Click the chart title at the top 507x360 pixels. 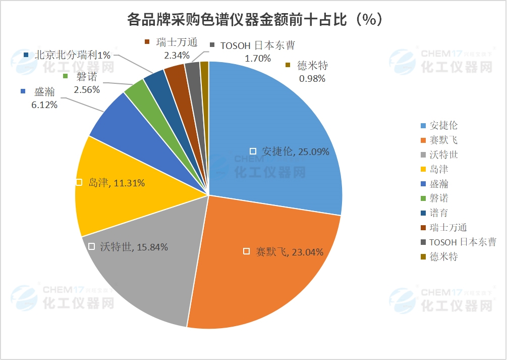(x=253, y=20)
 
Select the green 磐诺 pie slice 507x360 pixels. (x=135, y=91)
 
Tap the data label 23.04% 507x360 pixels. (x=289, y=251)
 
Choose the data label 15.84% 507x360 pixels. (x=134, y=247)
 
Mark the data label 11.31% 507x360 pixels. (x=117, y=183)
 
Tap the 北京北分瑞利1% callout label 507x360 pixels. (x=72, y=56)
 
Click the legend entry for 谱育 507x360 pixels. (x=438, y=213)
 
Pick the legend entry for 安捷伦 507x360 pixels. (x=443, y=125)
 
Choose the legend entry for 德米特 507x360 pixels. (x=443, y=257)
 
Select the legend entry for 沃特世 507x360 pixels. (x=443, y=155)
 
